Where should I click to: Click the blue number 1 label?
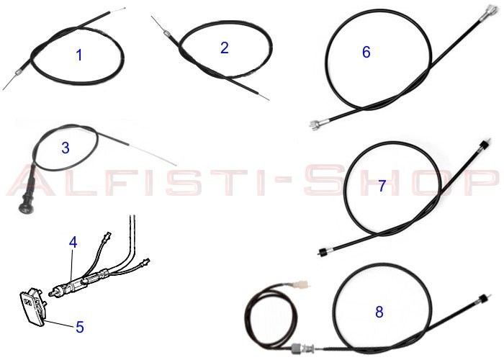point(79,55)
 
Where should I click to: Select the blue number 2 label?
point(225,48)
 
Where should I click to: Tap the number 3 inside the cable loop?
point(66,148)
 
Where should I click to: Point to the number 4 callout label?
point(73,243)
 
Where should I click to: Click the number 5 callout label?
point(79,327)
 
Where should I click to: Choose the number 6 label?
point(366,53)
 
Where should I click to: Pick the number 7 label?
point(382,186)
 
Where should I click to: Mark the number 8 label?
point(379,312)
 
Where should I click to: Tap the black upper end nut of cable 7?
point(484,144)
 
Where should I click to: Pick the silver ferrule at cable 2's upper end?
point(166,33)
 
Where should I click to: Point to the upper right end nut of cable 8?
point(483,298)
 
